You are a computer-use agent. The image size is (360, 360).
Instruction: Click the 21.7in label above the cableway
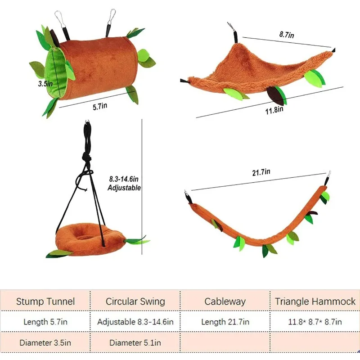261,172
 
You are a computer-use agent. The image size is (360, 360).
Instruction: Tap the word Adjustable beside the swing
124,188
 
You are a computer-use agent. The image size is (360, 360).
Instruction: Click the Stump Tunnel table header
45,301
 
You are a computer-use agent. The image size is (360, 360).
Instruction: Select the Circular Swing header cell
135,301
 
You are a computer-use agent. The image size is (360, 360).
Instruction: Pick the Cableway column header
225,301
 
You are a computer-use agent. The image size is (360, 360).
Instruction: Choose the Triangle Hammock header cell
315,301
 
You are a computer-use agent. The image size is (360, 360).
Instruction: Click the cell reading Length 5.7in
45,322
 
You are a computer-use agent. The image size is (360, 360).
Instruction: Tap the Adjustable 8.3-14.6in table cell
135,322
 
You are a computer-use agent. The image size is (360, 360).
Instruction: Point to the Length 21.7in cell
225,322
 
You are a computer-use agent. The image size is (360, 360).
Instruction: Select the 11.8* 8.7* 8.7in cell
315,322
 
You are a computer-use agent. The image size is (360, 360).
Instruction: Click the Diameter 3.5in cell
45,342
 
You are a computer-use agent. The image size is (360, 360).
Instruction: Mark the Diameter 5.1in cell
135,342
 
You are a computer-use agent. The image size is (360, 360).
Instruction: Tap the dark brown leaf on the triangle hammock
275,95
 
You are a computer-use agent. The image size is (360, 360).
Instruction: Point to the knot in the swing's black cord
87,160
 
